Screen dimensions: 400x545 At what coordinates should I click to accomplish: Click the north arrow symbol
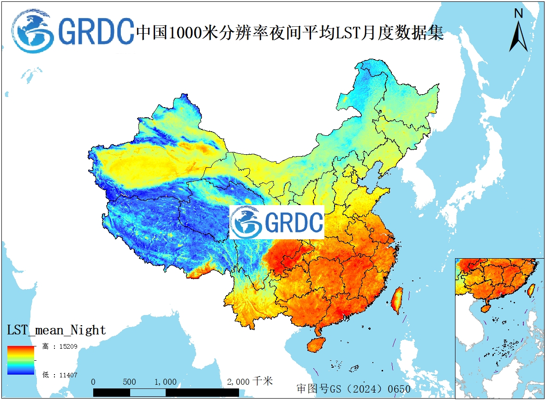(518, 36)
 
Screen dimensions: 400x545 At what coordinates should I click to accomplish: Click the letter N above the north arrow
(518, 13)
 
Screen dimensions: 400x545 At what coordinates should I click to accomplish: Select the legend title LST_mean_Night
(56, 330)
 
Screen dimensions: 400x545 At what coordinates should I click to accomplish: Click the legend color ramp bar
(21, 360)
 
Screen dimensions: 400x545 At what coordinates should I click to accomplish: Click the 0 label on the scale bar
(93, 382)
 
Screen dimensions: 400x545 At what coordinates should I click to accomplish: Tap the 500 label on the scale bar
(130, 382)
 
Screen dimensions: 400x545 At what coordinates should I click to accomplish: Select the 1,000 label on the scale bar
(165, 382)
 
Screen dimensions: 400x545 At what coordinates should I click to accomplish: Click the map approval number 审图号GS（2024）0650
(353, 388)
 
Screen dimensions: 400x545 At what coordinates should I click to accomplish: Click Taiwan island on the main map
(396, 300)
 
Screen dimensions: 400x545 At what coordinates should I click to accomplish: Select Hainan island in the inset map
(485, 307)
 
